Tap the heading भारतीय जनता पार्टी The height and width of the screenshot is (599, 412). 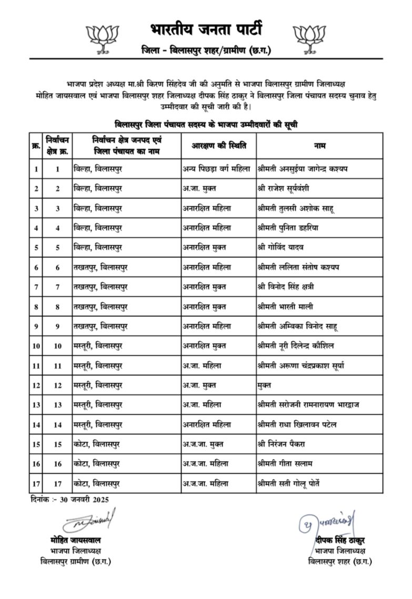tap(206, 29)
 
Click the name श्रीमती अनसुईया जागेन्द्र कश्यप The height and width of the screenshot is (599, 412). tap(306, 169)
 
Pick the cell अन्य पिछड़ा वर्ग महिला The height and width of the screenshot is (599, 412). tap(217, 169)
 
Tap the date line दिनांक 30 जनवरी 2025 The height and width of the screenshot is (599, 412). tap(69, 500)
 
